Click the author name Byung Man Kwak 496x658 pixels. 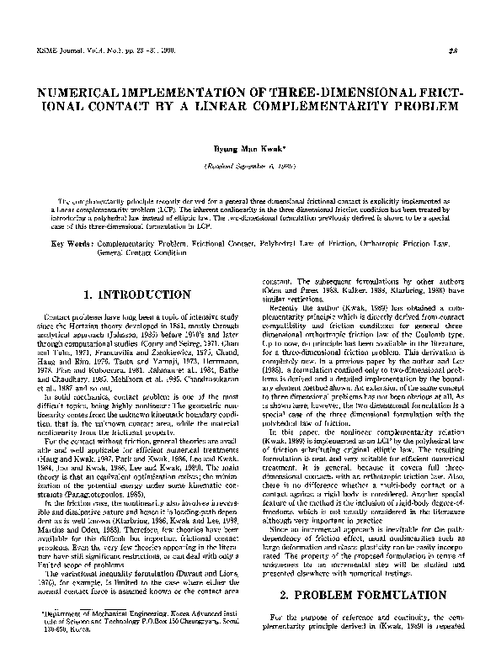(248, 146)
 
